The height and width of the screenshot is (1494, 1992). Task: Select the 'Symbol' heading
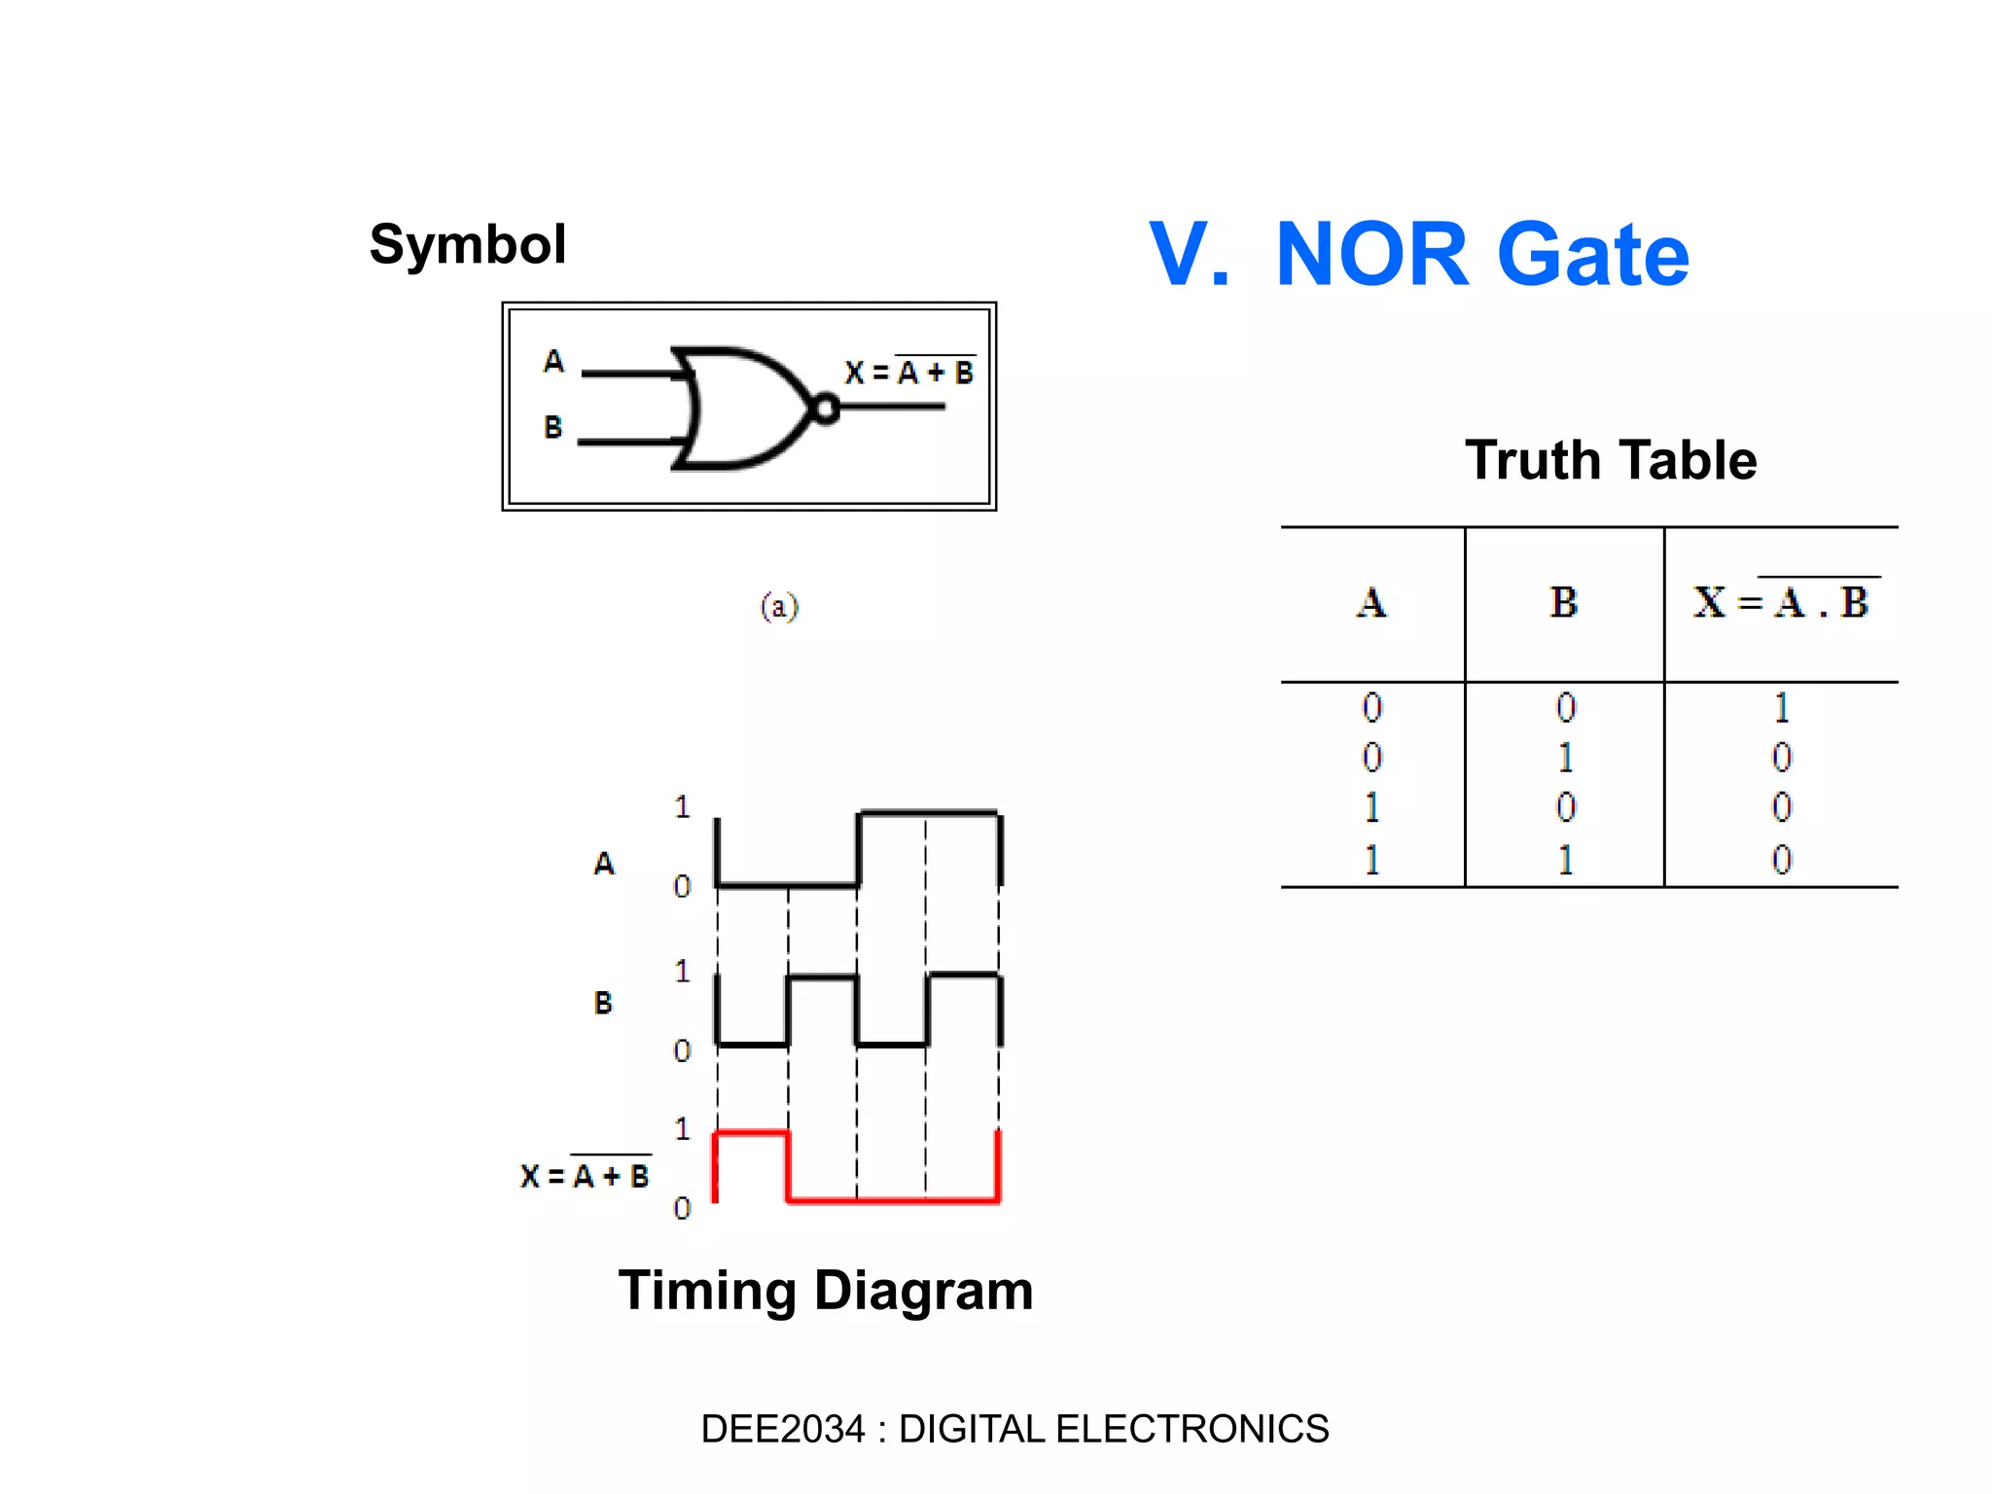tap(468, 244)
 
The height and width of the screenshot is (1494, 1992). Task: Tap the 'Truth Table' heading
tap(1611, 460)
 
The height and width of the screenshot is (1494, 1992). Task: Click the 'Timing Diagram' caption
tap(826, 1291)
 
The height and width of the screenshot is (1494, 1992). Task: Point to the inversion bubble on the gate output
tap(826, 409)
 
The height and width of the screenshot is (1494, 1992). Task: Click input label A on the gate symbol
tap(553, 362)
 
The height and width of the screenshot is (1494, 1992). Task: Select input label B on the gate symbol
tap(553, 427)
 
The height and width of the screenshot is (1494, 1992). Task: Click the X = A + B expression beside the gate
tap(909, 373)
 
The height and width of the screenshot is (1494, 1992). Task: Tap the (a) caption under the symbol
tap(779, 606)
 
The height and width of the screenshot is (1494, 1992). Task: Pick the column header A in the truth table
tap(1371, 603)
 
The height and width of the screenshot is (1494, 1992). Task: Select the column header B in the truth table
tap(1563, 603)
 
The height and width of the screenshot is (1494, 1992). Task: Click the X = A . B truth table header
tap(1781, 602)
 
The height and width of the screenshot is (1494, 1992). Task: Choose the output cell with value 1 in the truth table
tap(1781, 708)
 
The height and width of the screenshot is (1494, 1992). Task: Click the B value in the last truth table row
tap(1565, 860)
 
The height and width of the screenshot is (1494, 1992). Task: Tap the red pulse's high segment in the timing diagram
tap(751, 1132)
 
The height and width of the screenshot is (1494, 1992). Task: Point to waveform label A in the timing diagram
tap(604, 864)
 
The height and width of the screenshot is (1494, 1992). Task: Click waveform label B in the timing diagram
tap(603, 1003)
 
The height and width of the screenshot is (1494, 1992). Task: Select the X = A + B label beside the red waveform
tap(585, 1176)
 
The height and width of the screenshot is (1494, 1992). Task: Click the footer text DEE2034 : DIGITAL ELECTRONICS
tap(1014, 1429)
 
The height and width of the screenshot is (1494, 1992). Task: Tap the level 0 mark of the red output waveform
tap(682, 1208)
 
